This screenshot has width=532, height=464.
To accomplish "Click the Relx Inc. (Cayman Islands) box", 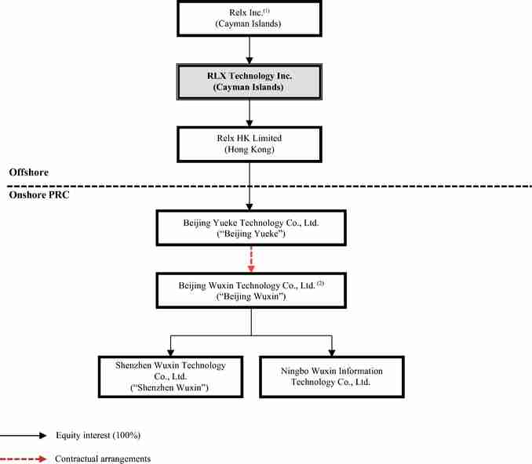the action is tap(250, 19).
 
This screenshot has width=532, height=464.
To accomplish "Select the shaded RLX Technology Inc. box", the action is tap(250, 82).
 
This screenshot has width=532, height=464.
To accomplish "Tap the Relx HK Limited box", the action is tap(250, 144).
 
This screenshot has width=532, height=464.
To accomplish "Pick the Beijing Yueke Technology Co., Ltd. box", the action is tap(251, 228).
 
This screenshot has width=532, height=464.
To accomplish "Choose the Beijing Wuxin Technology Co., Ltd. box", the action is tap(251, 291).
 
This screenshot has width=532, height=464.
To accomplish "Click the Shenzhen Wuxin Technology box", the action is tap(170, 376).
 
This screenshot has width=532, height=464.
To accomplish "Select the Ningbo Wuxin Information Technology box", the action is tap(332, 376).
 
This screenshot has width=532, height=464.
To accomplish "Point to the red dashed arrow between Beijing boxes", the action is tap(251, 259).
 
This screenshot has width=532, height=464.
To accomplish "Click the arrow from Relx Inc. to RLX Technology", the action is tap(250, 50).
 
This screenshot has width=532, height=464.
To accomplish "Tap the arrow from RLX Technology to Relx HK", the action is tap(250, 113).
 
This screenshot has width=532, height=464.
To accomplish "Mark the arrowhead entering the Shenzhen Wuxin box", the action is tap(170, 352).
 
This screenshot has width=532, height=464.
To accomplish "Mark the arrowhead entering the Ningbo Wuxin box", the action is tap(332, 352).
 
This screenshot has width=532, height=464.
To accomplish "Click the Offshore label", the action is tap(29, 172).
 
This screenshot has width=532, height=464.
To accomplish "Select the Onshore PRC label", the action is tap(39, 195).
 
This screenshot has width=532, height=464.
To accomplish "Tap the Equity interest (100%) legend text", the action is tap(98, 435).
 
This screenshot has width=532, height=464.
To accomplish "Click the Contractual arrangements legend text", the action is tap(103, 459).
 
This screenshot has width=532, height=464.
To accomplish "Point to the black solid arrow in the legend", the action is tap(24, 436).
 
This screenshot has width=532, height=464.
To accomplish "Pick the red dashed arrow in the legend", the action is tap(24, 459).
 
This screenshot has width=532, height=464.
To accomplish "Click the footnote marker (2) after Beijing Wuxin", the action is tap(320, 283).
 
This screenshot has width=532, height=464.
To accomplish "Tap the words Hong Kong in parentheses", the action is tap(250, 150).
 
